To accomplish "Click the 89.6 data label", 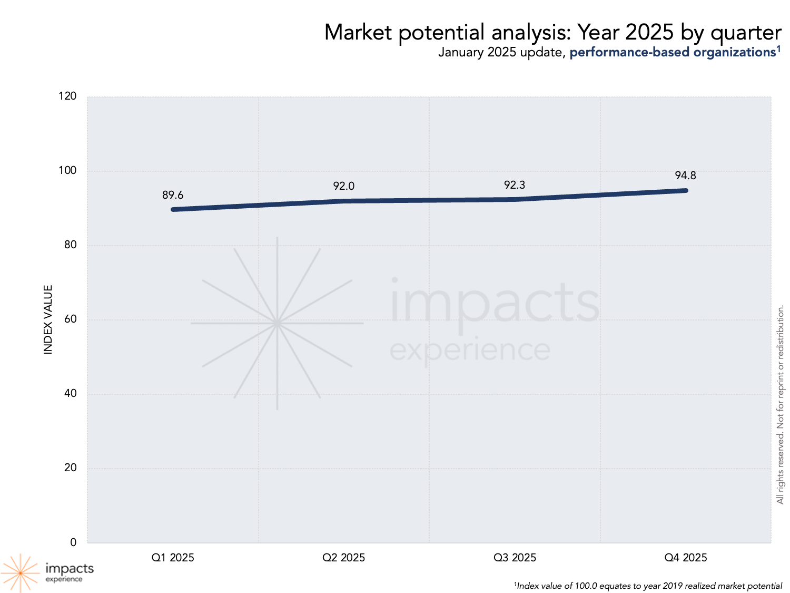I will click(173, 195).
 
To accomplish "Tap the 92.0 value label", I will click(343, 186).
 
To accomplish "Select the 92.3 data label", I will click(515, 185).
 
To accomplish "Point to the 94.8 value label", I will click(685, 176).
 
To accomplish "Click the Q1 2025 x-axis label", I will click(173, 558).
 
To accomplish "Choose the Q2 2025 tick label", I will click(343, 558).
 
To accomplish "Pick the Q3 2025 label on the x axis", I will click(515, 558).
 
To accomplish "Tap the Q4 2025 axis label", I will click(685, 558).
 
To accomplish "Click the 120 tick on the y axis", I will click(68, 96).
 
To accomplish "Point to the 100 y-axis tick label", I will click(68, 170).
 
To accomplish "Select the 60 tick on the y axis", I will click(71, 319).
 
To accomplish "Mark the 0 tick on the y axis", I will click(73, 542).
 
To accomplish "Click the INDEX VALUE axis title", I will click(48, 319).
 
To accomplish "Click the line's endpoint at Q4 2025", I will click(686, 190).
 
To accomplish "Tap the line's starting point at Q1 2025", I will click(173, 209).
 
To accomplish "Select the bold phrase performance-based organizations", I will click(673, 52).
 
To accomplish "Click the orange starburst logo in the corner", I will click(21, 572).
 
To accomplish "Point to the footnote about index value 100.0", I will click(648, 586).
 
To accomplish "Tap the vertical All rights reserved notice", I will click(781, 404).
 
